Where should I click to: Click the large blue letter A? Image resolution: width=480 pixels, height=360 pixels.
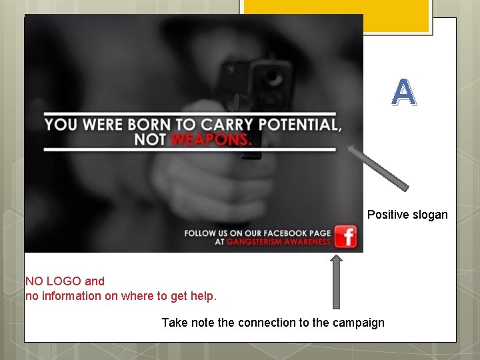(404, 93)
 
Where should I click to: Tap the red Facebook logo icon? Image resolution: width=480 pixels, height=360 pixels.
(345, 237)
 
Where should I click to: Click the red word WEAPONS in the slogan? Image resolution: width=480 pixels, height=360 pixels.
(211, 139)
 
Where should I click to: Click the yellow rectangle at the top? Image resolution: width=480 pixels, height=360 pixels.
(335, 17)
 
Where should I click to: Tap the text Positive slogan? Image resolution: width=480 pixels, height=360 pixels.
(407, 215)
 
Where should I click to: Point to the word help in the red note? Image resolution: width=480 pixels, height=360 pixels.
(204, 295)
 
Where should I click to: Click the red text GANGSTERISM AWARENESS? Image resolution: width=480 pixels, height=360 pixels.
(279, 242)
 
